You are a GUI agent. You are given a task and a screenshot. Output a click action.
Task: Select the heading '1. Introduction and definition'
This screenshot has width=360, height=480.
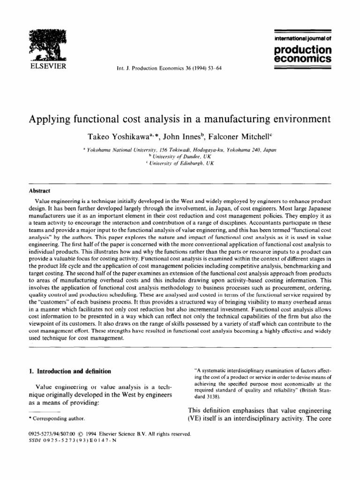pyautogui.click(x=70, y=371)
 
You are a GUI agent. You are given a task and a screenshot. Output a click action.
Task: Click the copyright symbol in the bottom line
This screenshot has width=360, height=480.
pyautogui.click(x=85, y=434)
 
